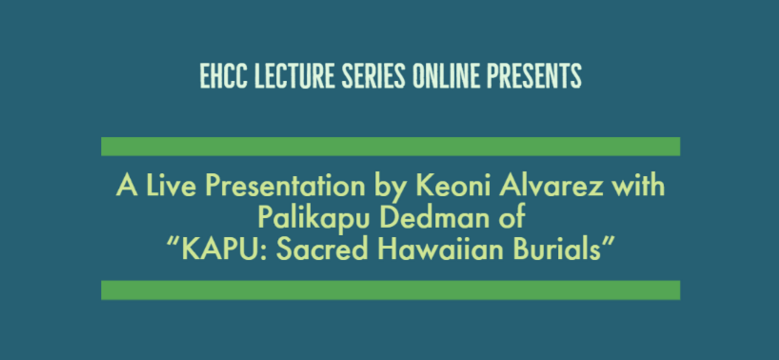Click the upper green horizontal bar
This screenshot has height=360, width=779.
pos(391,146)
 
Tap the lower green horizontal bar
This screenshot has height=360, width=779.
pos(391,290)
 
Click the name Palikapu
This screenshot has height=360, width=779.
pos(312,218)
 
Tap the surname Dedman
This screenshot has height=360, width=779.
pos(436,218)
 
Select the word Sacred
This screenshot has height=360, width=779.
pos(316,250)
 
